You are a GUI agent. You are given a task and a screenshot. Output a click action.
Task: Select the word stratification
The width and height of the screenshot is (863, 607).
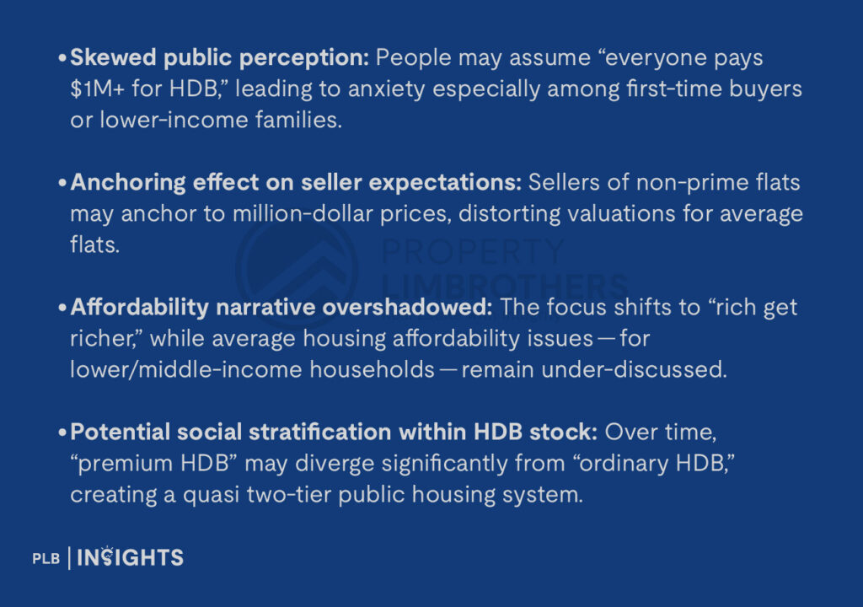coord(321,432)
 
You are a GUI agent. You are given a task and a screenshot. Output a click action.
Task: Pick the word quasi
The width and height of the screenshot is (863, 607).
coord(213,494)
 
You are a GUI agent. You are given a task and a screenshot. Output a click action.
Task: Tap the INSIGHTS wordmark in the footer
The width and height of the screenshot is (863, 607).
coord(131,557)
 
